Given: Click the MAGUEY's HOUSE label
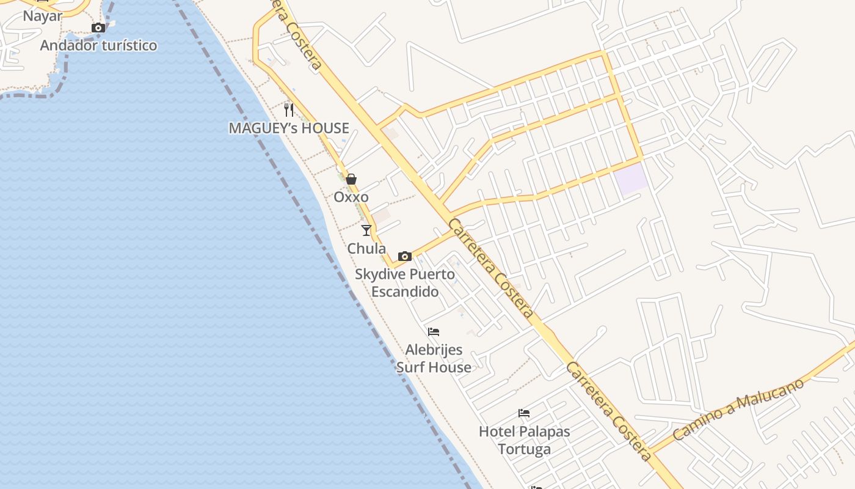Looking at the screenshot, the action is pyautogui.click(x=289, y=128).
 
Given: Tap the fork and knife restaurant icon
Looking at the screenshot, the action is pyautogui.click(x=289, y=110).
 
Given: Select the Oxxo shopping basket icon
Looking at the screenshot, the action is pyautogui.click(x=351, y=179).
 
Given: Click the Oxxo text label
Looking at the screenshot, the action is pyautogui.click(x=351, y=197).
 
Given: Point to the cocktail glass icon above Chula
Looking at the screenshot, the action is pyautogui.click(x=366, y=230).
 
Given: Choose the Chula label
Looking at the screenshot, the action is pyautogui.click(x=366, y=249).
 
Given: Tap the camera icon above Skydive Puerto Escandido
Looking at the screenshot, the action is pyautogui.click(x=404, y=256).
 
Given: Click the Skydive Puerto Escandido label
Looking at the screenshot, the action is pyautogui.click(x=405, y=283).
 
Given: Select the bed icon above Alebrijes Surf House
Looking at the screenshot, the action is pyautogui.click(x=434, y=332).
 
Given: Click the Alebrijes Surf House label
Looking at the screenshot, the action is pyautogui.click(x=434, y=358).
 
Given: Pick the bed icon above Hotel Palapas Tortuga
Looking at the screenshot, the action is pyautogui.click(x=524, y=413).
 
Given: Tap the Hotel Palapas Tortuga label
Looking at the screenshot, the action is pyautogui.click(x=524, y=440).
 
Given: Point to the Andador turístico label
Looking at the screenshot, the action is pyautogui.click(x=98, y=46).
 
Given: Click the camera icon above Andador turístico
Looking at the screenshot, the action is pyautogui.click(x=98, y=28).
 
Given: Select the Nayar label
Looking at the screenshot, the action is pyautogui.click(x=43, y=16).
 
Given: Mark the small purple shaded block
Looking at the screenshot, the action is pyautogui.click(x=631, y=179).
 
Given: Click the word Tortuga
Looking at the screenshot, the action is pyautogui.click(x=524, y=449).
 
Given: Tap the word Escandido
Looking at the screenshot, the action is pyautogui.click(x=405, y=292).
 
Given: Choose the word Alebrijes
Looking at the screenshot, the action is pyautogui.click(x=434, y=350).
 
